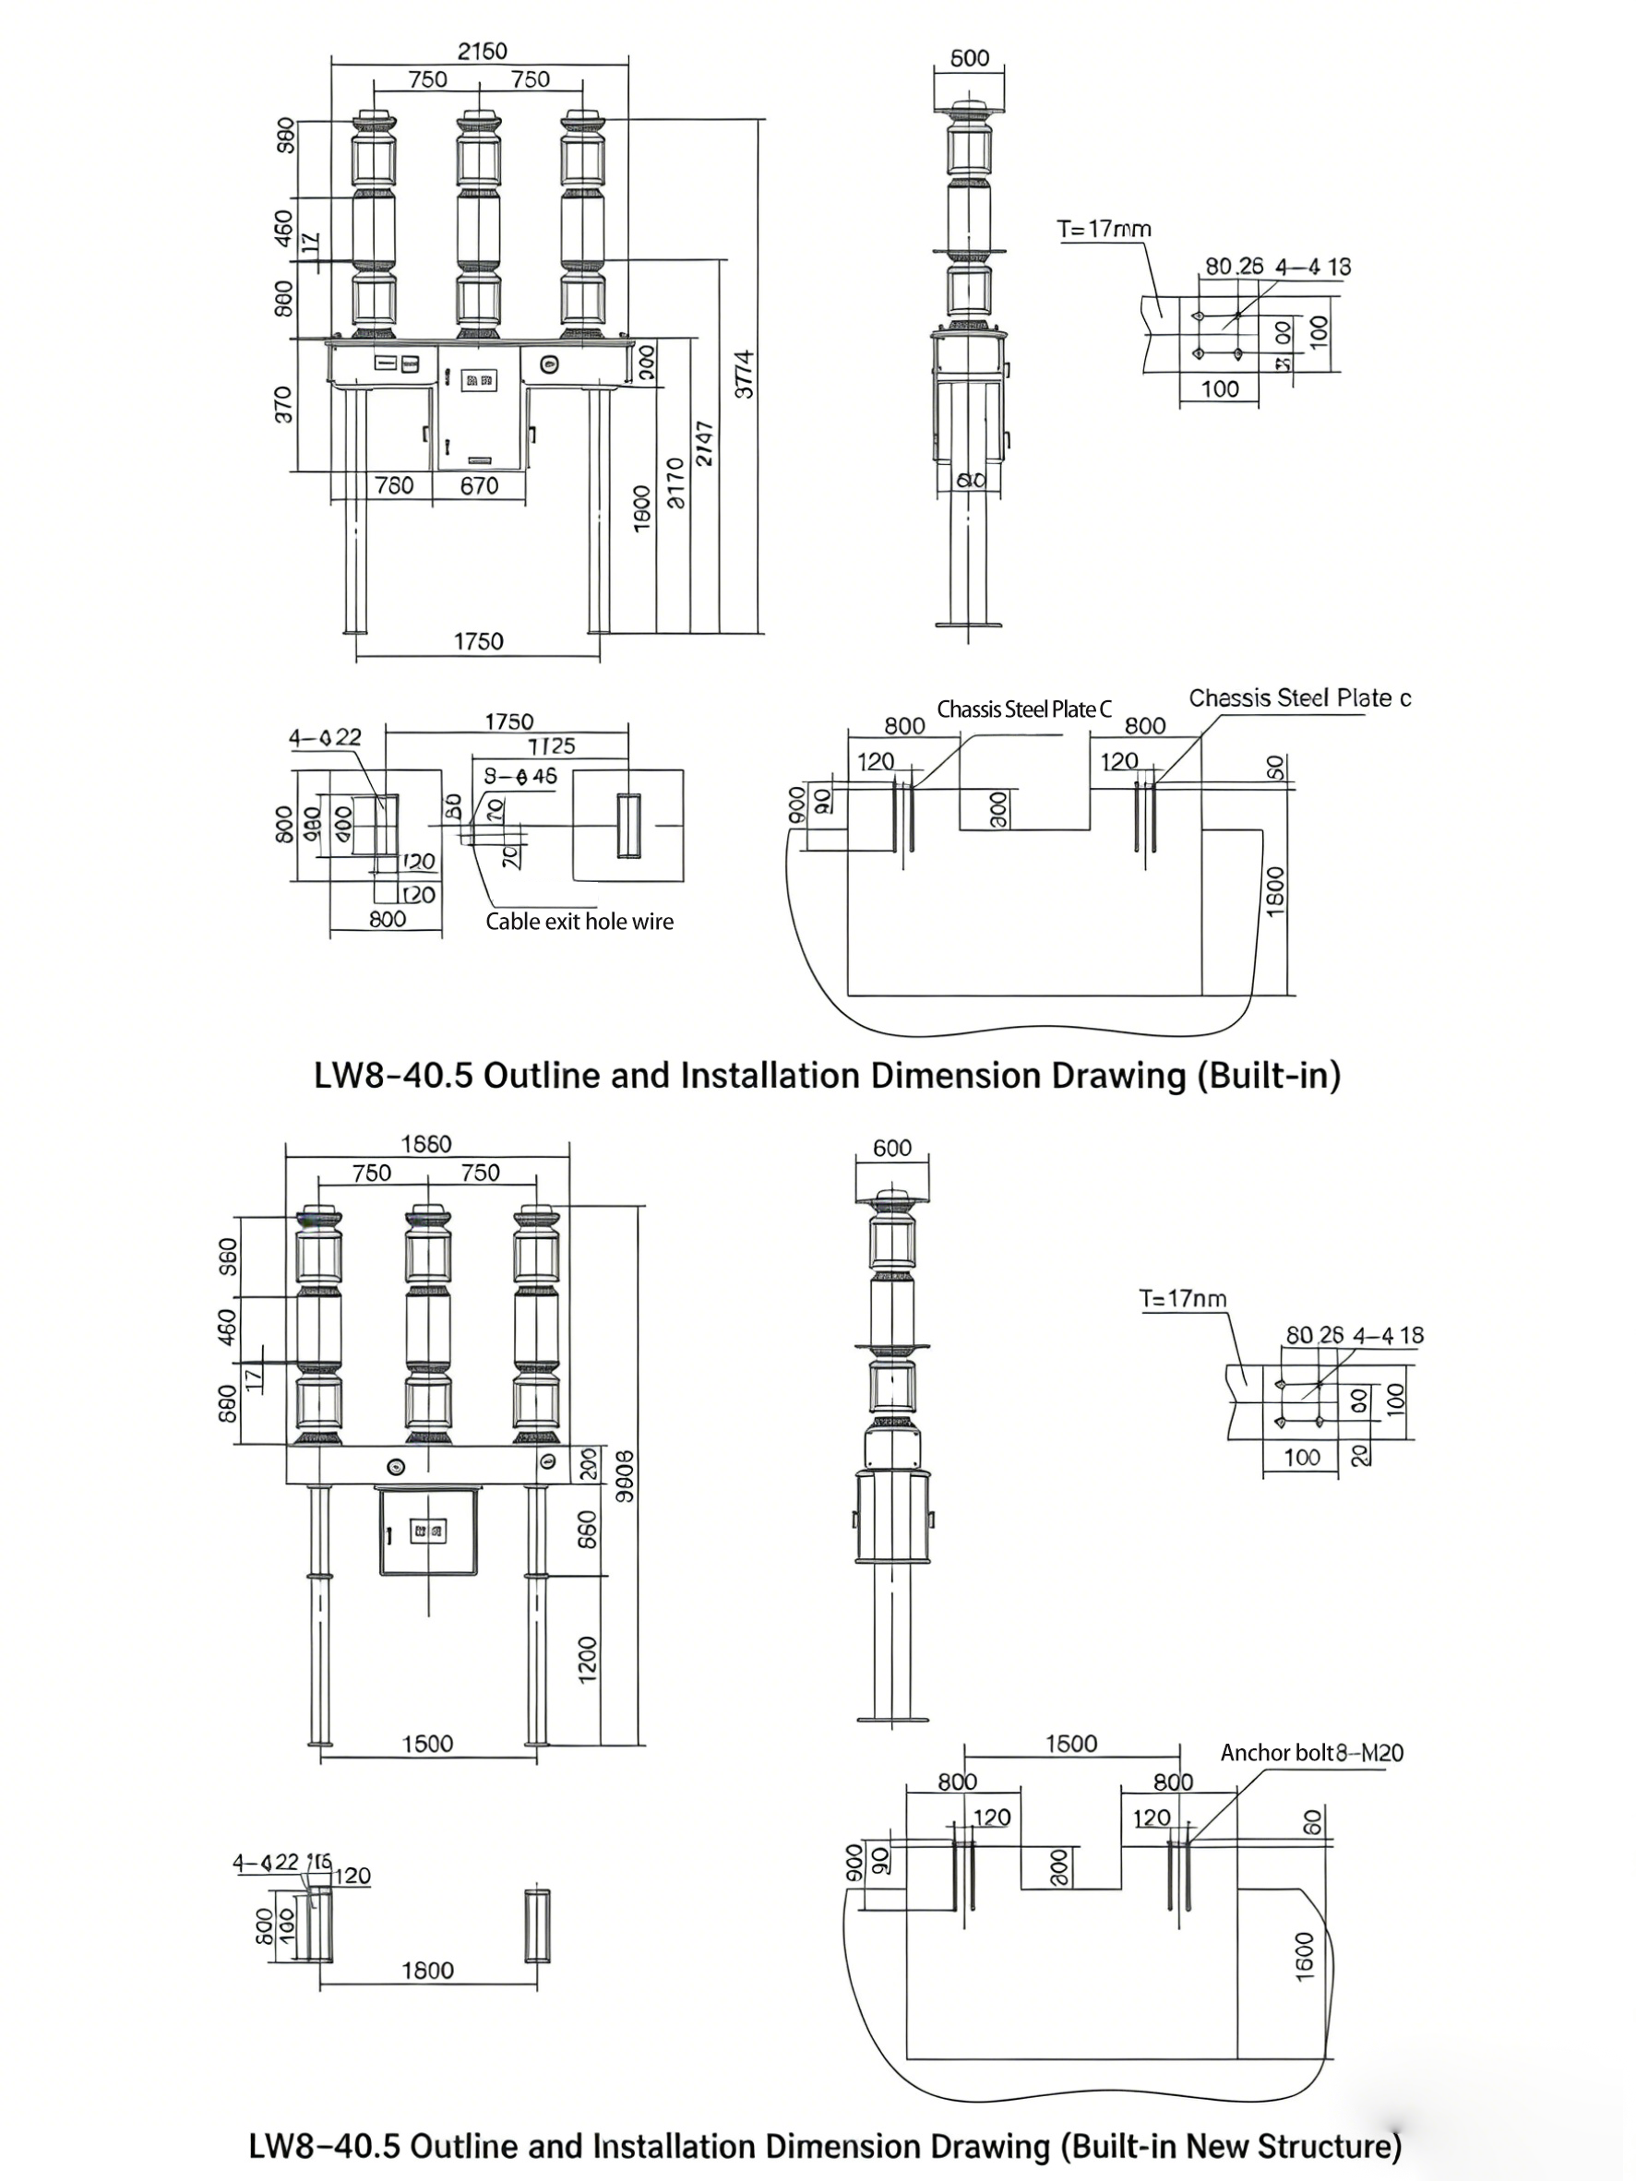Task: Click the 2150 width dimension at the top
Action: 482,51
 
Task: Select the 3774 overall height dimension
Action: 746,374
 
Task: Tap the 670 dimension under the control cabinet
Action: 479,485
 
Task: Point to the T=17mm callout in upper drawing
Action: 1104,229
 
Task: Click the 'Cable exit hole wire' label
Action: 579,921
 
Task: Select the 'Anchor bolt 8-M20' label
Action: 1310,1752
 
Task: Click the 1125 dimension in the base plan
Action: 550,746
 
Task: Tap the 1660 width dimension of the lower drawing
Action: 426,1144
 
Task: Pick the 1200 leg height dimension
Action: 588,1660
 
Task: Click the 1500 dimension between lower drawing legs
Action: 427,1743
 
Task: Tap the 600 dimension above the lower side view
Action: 891,1148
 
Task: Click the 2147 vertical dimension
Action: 705,444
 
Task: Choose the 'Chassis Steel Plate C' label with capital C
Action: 1023,709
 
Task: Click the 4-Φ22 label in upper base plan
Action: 325,737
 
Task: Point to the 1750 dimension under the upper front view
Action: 478,642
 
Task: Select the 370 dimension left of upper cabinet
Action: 283,404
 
